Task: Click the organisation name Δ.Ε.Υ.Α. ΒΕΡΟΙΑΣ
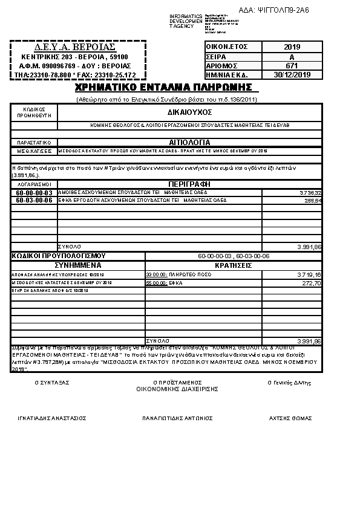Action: pos(74,47)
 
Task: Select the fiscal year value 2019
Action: pos(292,47)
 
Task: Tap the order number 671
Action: pos(292,65)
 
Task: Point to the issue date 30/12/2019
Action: pos(292,74)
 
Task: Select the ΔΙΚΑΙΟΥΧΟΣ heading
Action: pos(189,112)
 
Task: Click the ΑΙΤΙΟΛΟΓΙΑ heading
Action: pos(189,143)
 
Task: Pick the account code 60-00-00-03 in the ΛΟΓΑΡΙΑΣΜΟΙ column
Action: pos(34,193)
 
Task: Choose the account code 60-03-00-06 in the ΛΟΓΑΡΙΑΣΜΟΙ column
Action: pos(34,200)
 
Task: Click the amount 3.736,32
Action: pos(310,193)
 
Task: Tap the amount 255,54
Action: pos(313,200)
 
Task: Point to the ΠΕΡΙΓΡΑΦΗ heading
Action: pos(189,183)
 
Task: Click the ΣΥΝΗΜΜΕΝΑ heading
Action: pos(78,265)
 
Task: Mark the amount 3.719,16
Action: pos(310,274)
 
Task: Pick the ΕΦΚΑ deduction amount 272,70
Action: pos(312,282)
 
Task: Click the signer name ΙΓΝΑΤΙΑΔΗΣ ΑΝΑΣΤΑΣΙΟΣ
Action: pos(52,418)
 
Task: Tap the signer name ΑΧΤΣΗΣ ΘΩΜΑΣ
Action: pos(290,418)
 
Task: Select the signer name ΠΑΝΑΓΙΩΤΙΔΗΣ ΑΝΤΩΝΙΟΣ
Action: pos(177,418)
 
